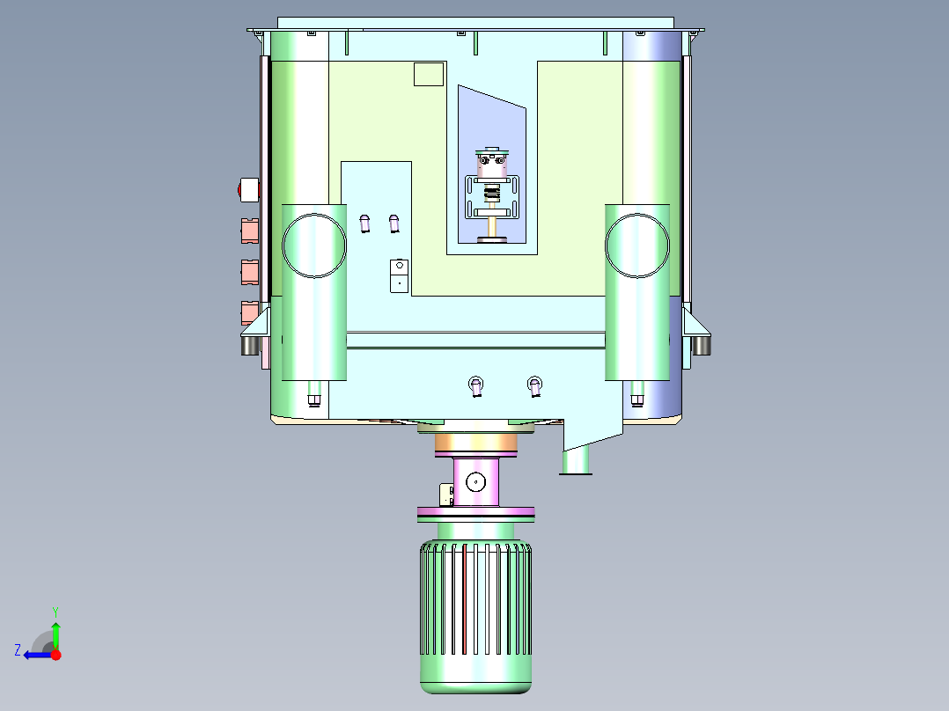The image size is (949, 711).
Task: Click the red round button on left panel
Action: pyautogui.click(x=248, y=188)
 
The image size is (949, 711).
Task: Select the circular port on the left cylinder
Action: pyautogui.click(x=314, y=244)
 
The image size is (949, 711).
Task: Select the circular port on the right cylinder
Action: pyautogui.click(x=637, y=244)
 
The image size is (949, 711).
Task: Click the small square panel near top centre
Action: pyautogui.click(x=428, y=74)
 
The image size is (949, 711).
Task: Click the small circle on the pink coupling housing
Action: pyautogui.click(x=475, y=481)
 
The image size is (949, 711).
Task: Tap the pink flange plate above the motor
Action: pyautogui.click(x=475, y=512)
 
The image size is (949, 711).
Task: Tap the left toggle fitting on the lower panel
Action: pyautogui.click(x=475, y=385)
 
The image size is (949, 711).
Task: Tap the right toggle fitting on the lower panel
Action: pyautogui.click(x=533, y=385)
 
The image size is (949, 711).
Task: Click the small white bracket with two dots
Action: pyautogui.click(x=399, y=275)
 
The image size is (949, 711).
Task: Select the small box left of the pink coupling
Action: pyautogui.click(x=446, y=495)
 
